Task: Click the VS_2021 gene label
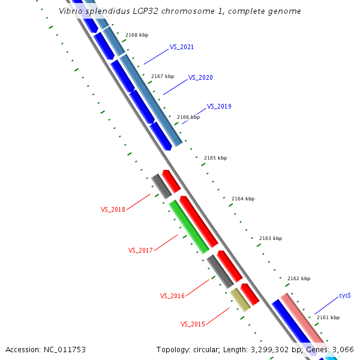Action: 181,47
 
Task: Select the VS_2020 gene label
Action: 200,77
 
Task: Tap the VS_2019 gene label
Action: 219,106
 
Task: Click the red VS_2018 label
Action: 113,209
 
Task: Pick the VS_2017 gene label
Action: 140,250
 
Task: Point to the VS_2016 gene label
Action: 172,296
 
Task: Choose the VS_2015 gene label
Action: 193,324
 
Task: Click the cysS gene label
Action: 344,296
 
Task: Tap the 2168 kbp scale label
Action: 137,35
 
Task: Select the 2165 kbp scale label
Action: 215,158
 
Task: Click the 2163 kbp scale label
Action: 270,238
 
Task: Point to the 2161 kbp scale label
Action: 328,317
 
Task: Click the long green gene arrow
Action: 189,226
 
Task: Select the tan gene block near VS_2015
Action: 240,299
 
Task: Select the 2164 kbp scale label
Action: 243,199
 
